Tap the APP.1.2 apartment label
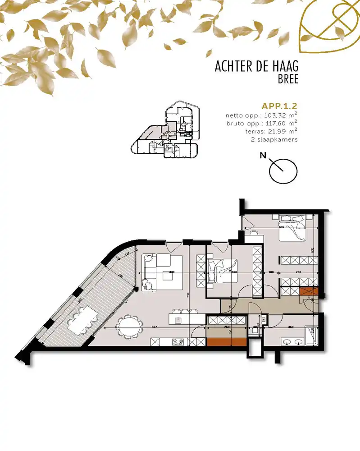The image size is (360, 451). point(279,106)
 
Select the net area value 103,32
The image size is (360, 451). point(273,115)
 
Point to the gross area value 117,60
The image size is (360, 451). point(273,123)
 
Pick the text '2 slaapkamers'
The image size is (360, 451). point(274,139)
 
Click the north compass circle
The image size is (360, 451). point(283,170)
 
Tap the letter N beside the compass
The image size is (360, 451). point(263,156)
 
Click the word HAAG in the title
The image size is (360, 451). point(283,67)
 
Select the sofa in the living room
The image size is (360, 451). point(155,271)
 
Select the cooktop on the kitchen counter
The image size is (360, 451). point(177,342)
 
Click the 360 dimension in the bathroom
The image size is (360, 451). point(291,327)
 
